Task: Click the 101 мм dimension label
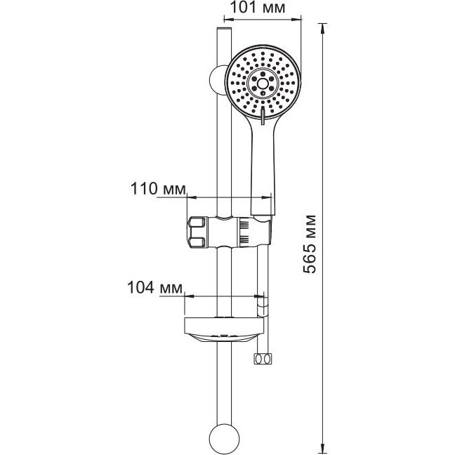(257, 8)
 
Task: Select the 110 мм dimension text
(158, 189)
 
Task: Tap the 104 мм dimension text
(155, 288)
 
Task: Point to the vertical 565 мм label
(309, 244)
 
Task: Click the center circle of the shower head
(263, 84)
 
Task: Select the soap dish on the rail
(224, 329)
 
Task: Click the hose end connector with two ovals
(263, 359)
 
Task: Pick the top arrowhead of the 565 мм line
(322, 28)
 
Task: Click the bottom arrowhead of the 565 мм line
(322, 447)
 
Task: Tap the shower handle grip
(263, 169)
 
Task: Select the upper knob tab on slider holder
(197, 222)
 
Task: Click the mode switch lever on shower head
(263, 115)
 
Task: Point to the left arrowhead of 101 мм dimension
(229, 20)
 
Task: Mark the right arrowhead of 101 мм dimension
(296, 20)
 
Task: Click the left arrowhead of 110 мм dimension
(192, 197)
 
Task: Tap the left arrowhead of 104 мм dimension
(189, 296)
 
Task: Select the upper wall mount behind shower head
(217, 80)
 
